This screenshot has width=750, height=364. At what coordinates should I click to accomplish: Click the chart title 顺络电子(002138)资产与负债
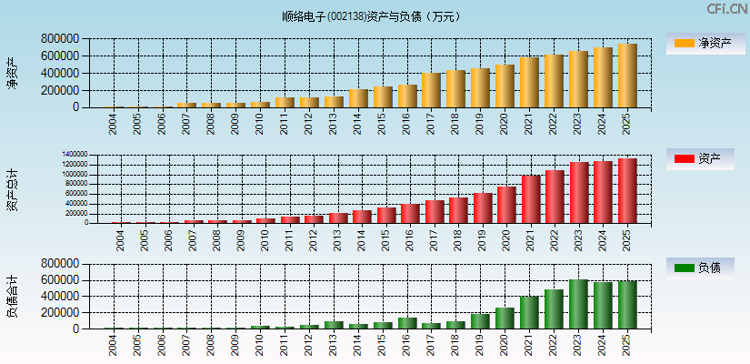tap(373, 16)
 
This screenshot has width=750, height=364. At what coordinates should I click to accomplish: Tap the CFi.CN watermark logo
tap(726, 8)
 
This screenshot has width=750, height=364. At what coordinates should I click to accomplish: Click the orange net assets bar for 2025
tap(627, 76)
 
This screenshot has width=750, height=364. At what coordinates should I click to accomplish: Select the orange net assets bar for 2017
tap(431, 90)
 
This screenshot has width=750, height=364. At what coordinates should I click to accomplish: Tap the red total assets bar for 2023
tap(579, 192)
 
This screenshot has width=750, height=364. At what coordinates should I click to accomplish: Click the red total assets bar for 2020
tap(506, 205)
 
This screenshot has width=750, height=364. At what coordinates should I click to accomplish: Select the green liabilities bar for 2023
tap(578, 304)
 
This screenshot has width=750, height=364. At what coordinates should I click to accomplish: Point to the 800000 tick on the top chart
tap(59, 39)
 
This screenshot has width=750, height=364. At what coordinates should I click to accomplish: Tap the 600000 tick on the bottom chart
tap(59, 280)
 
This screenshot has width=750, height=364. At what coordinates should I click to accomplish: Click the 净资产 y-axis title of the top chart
tap(12, 73)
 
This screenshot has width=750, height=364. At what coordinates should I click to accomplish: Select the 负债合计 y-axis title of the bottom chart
tap(12, 296)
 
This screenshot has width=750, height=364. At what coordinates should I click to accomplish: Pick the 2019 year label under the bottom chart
tap(481, 345)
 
